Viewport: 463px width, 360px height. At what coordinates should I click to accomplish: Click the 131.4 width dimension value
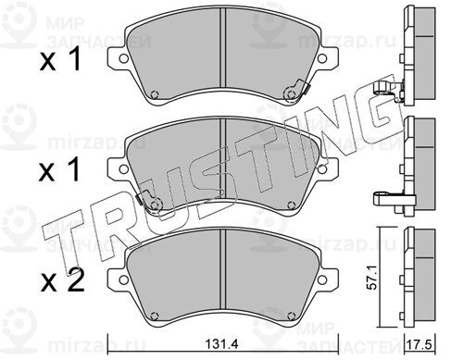pyautogui.click(x=222, y=344)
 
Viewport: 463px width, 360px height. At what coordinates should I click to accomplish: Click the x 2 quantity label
pyautogui.click(x=63, y=279)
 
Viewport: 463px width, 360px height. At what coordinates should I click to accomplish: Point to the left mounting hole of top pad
pyautogui.click(x=123, y=58)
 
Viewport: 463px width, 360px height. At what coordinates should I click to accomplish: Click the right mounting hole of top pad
pyautogui.click(x=322, y=58)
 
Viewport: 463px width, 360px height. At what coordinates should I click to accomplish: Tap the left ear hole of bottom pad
pyautogui.click(x=123, y=279)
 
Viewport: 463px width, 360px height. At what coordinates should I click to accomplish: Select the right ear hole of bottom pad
pyautogui.click(x=322, y=279)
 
